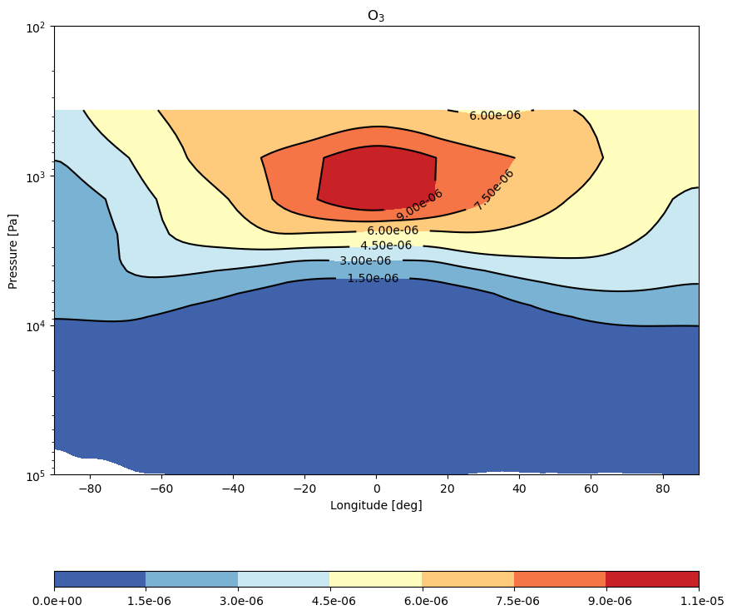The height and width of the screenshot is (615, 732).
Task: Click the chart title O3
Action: pyautogui.click(x=376, y=16)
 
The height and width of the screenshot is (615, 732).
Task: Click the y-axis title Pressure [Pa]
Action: pyautogui.click(x=12, y=251)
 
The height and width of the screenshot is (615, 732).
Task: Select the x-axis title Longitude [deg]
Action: pyautogui.click(x=376, y=505)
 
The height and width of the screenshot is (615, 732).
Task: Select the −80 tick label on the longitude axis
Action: pyautogui.click(x=90, y=489)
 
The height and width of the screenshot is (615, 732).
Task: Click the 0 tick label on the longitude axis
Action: pyautogui.click(x=377, y=489)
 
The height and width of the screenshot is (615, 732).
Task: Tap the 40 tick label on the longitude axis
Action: pyautogui.click(x=520, y=489)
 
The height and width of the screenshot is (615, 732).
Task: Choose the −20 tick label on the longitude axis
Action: pyautogui.click(x=304, y=489)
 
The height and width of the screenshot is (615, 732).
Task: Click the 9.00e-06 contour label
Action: pyautogui.click(x=419, y=205)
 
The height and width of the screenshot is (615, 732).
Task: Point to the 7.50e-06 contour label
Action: pyautogui.click(x=494, y=190)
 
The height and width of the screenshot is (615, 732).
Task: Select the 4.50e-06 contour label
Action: pyautogui.click(x=386, y=246)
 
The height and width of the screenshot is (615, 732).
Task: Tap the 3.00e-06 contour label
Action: pyautogui.click(x=365, y=260)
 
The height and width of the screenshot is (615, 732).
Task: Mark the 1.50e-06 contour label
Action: pyautogui.click(x=373, y=278)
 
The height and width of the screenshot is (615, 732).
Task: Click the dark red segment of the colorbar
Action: pyautogui.click(x=653, y=579)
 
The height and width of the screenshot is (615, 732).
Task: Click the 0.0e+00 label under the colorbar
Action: pyautogui.click(x=57, y=601)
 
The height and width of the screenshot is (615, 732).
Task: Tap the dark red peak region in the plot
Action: pyautogui.click(x=376, y=178)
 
